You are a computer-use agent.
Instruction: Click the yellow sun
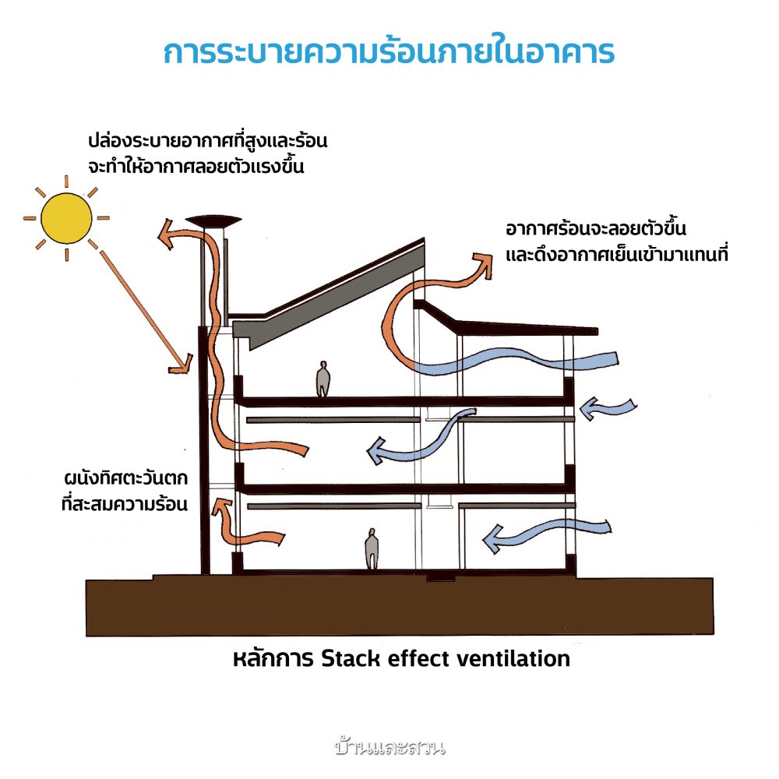(66, 217)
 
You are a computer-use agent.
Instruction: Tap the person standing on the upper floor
(323, 380)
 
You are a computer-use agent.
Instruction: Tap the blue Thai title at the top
(389, 51)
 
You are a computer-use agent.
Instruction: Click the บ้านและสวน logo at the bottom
(389, 749)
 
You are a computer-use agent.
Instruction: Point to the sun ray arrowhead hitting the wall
(185, 363)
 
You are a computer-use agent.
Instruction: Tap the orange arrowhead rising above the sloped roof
(485, 261)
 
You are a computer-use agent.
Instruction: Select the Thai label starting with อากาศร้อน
(615, 241)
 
